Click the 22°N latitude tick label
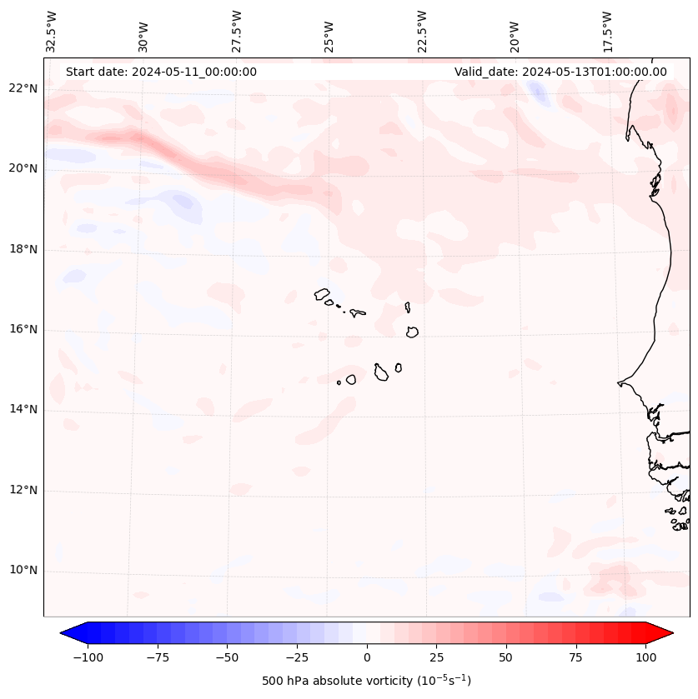(x=24, y=88)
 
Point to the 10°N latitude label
(x=24, y=571)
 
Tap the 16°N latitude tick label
(x=24, y=329)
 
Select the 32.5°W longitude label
(x=51, y=32)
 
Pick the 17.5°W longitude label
(x=607, y=32)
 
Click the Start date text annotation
(x=161, y=72)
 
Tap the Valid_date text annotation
(x=560, y=72)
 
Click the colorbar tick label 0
(x=367, y=657)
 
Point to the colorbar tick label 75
(x=575, y=657)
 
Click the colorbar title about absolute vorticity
(x=366, y=681)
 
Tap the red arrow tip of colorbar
(x=660, y=633)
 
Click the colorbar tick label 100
(x=645, y=657)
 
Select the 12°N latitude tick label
(x=24, y=490)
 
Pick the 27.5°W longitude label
(x=236, y=32)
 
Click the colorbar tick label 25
(x=436, y=657)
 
